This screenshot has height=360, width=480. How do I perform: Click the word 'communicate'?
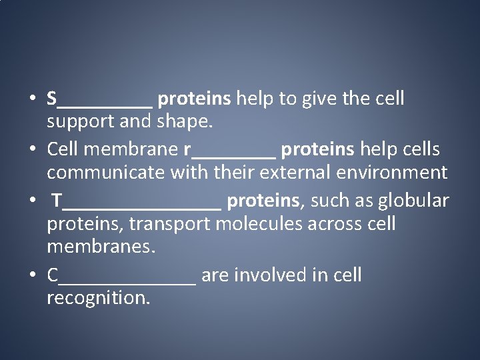tap(106, 173)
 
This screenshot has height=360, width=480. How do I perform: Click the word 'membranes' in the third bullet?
tap(101, 247)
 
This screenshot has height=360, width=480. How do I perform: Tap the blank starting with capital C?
tap(121, 275)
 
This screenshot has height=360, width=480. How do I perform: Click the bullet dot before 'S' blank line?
tap(32, 100)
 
